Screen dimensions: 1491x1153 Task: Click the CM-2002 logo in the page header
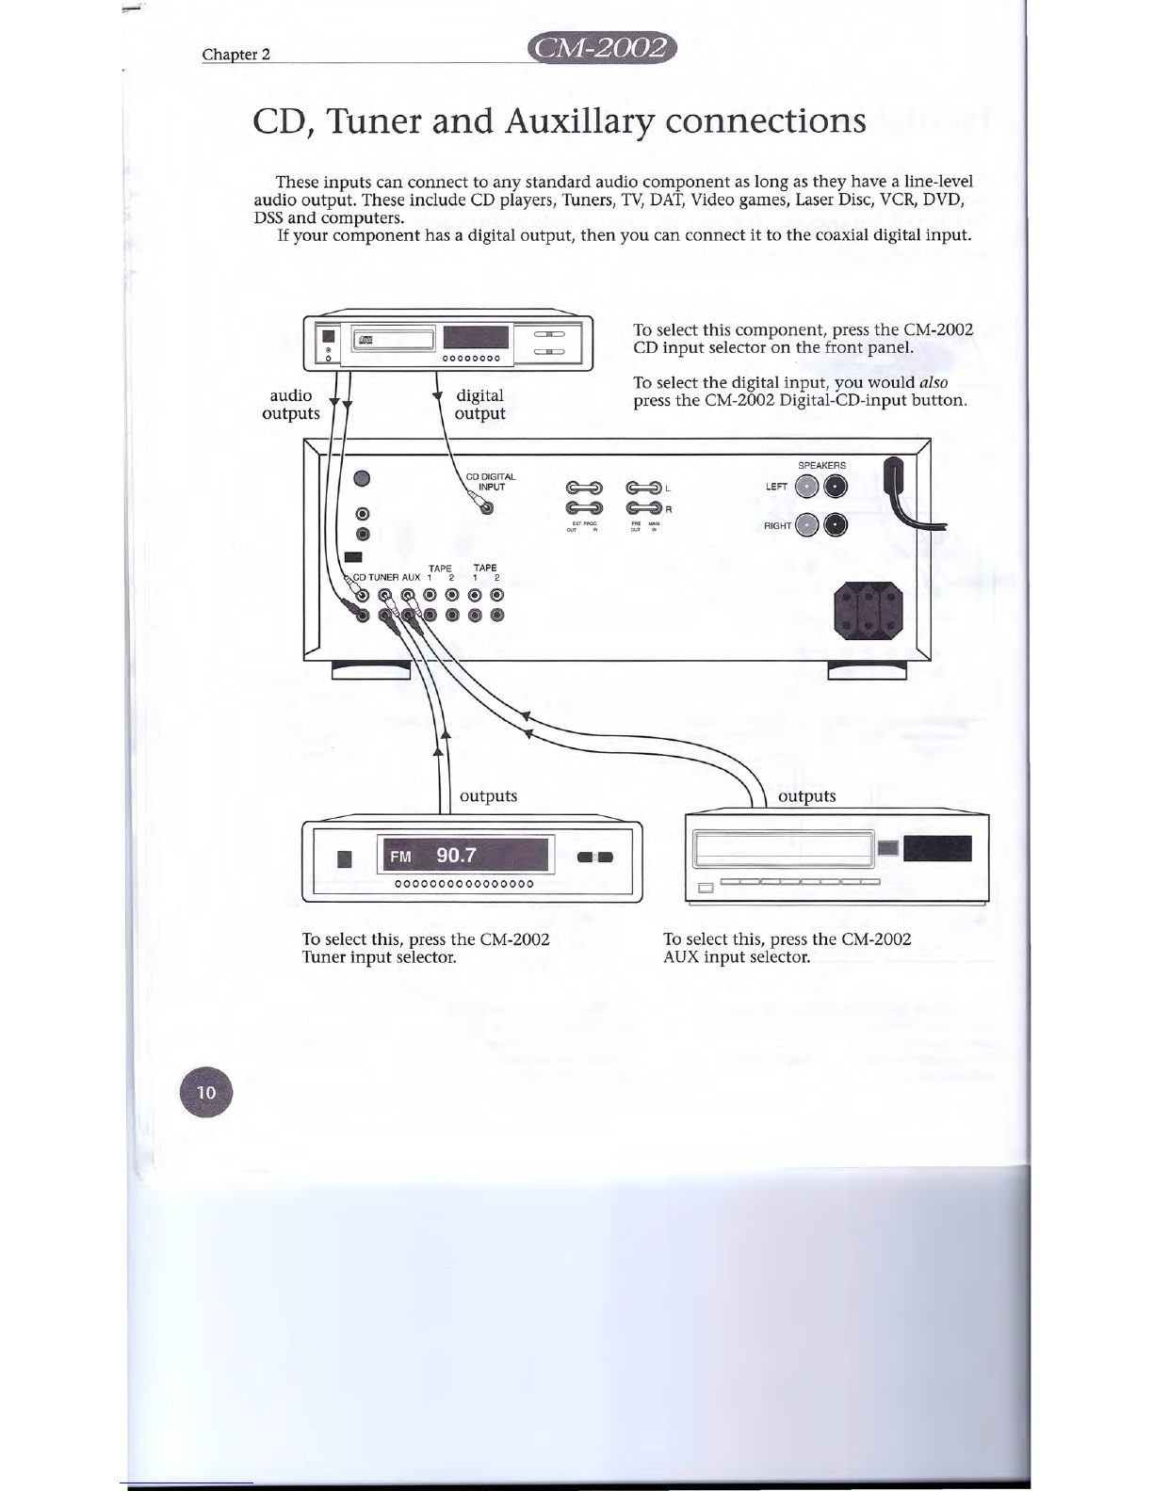tap(604, 48)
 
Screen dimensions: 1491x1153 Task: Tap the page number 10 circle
tap(205, 1092)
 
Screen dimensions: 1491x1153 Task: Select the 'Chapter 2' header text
tap(236, 54)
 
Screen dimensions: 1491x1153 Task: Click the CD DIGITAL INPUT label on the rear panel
tap(491, 482)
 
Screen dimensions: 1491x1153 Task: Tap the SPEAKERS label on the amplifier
tap(821, 465)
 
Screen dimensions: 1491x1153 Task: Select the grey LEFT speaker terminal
tap(806, 487)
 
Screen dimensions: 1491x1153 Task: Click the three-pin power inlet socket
tap(869, 610)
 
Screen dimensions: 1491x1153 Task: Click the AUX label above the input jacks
tap(412, 577)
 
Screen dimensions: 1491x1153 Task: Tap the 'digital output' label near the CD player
tap(479, 404)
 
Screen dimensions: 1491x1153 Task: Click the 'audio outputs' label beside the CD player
tap(291, 404)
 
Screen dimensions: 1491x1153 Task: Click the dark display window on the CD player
tap(476, 338)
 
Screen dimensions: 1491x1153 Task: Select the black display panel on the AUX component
tap(937, 848)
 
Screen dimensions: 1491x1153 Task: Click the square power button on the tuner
tap(344, 858)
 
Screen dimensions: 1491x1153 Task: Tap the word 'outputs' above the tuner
tap(488, 796)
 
